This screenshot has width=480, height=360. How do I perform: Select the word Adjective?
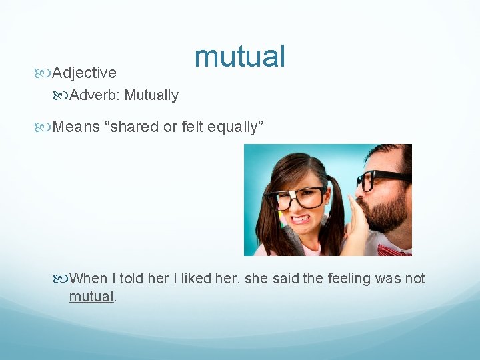(x=84, y=73)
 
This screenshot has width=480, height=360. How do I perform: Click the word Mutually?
(x=151, y=95)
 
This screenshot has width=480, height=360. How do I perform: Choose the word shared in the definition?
(x=137, y=127)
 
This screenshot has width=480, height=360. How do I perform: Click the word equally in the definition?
(x=235, y=127)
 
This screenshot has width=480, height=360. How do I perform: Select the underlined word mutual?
(x=92, y=297)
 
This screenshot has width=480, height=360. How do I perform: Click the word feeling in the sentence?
(x=350, y=278)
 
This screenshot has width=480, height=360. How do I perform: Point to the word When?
(x=88, y=278)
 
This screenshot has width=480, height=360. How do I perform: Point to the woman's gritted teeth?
(x=301, y=218)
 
